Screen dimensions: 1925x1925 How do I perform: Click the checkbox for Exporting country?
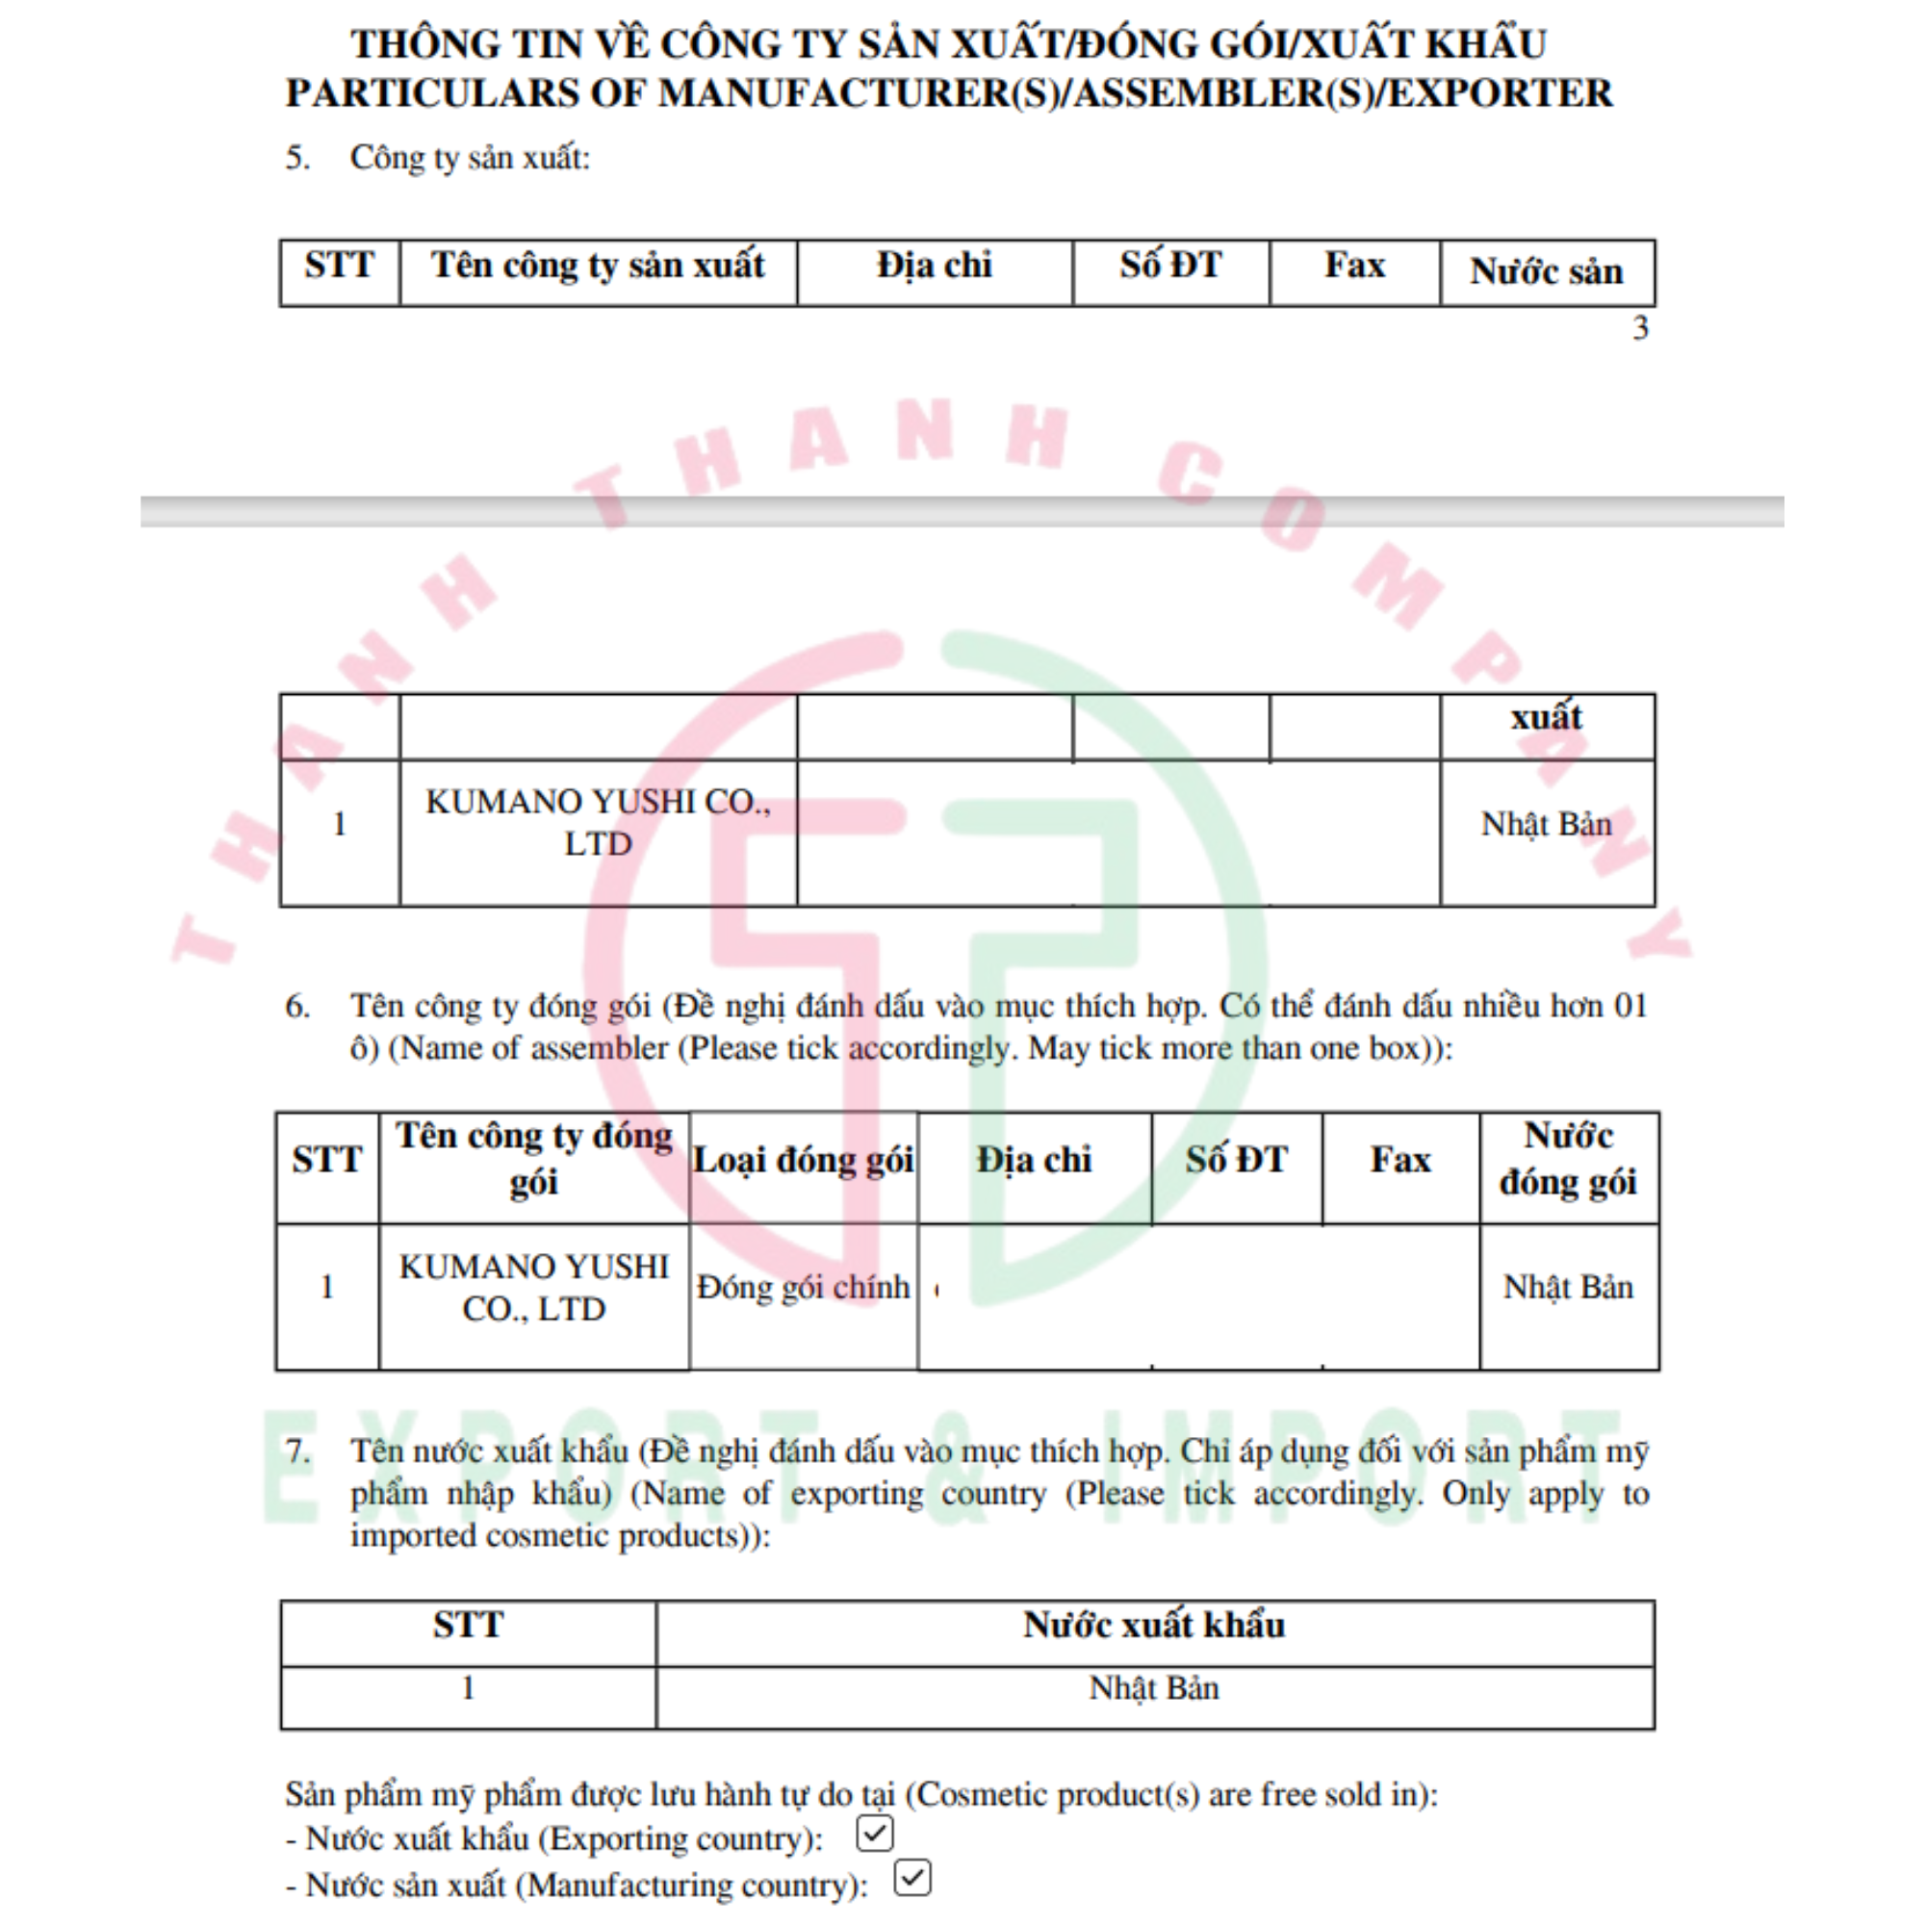[x=874, y=1834]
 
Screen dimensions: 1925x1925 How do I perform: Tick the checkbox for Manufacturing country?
[x=911, y=1878]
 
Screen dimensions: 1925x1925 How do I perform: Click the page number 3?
[x=1640, y=328]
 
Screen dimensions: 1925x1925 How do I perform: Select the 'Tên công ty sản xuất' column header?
[x=598, y=266]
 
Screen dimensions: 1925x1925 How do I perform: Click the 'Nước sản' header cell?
[x=1547, y=271]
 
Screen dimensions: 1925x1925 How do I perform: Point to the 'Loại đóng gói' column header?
[x=803, y=1161]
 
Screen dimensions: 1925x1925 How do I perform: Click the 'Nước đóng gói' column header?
[x=1568, y=1160]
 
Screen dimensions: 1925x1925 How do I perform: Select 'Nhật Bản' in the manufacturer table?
[x=1547, y=825]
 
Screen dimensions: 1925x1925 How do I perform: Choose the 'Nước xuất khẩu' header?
[x=1154, y=1625]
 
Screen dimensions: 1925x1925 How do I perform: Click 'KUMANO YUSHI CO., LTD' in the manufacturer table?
[x=598, y=823]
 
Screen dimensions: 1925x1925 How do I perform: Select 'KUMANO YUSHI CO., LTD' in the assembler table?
[x=534, y=1287]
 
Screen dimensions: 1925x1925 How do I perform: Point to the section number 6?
[x=296, y=1007]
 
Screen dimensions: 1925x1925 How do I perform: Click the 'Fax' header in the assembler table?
[x=1399, y=1161]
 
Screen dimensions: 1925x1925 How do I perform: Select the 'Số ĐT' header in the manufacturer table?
[x=1169, y=266]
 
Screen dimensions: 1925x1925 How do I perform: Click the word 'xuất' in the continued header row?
[x=1547, y=717]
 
